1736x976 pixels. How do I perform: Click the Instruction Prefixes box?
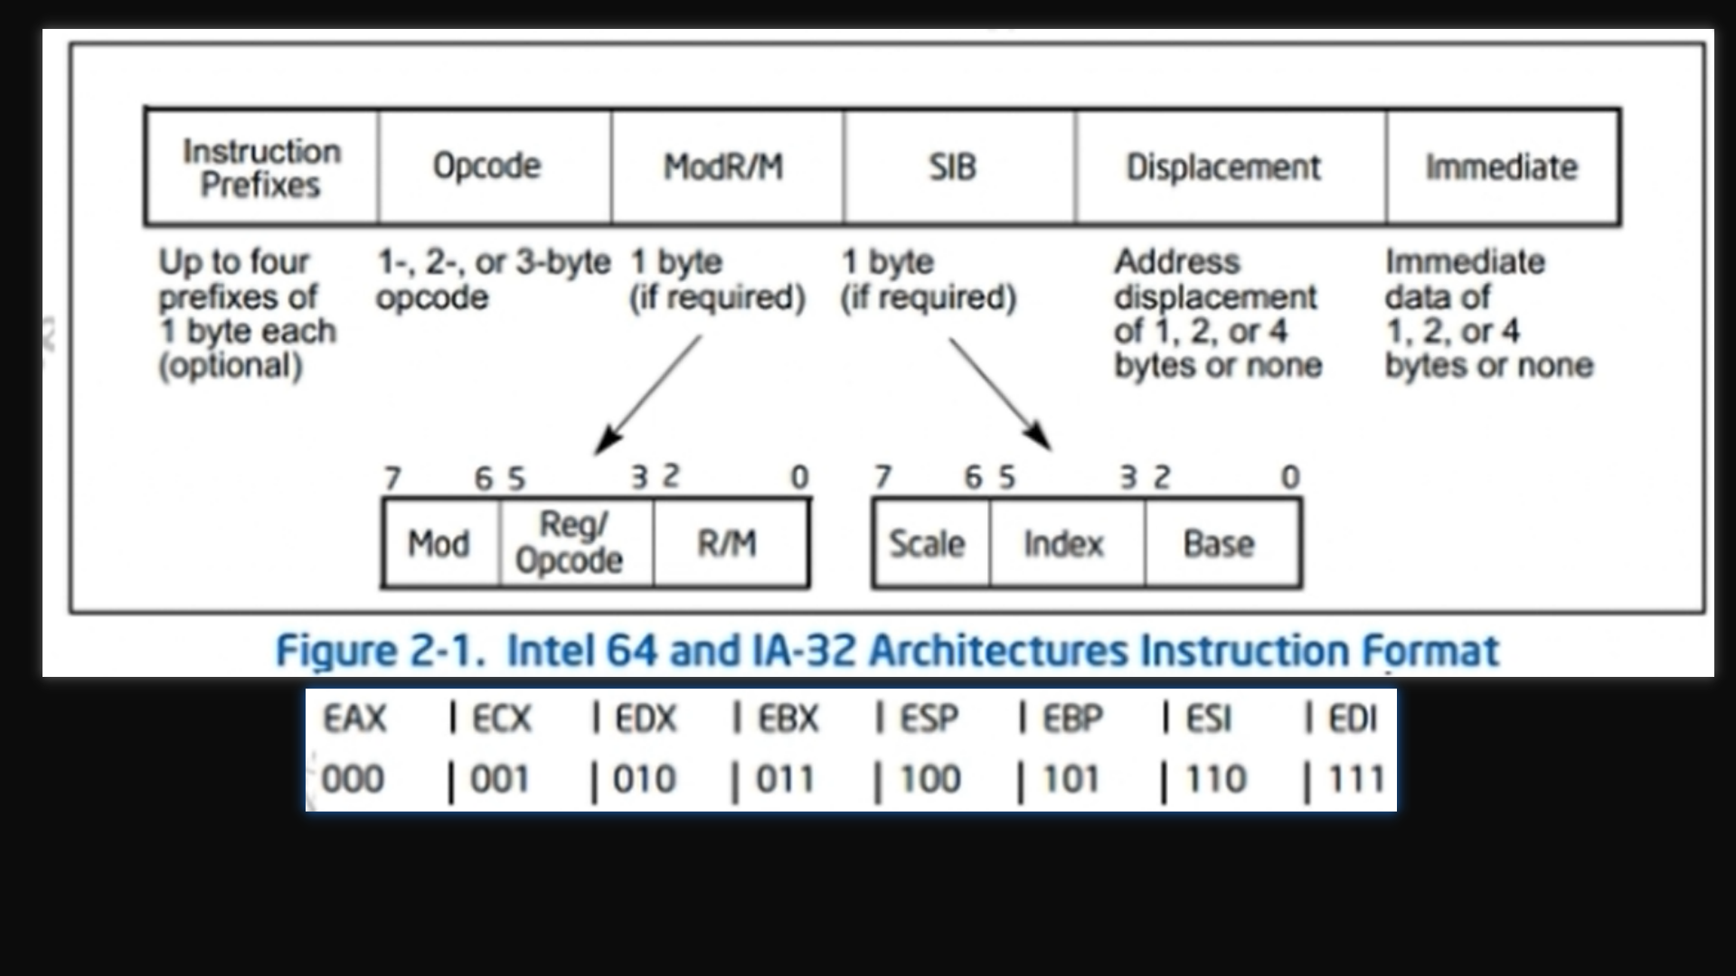261,167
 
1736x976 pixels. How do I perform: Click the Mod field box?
440,544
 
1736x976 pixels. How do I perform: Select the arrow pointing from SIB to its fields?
1000,393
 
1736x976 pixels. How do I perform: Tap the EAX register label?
354,719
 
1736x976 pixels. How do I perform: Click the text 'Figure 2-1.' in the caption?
381,652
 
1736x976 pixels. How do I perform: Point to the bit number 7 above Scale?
882,476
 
